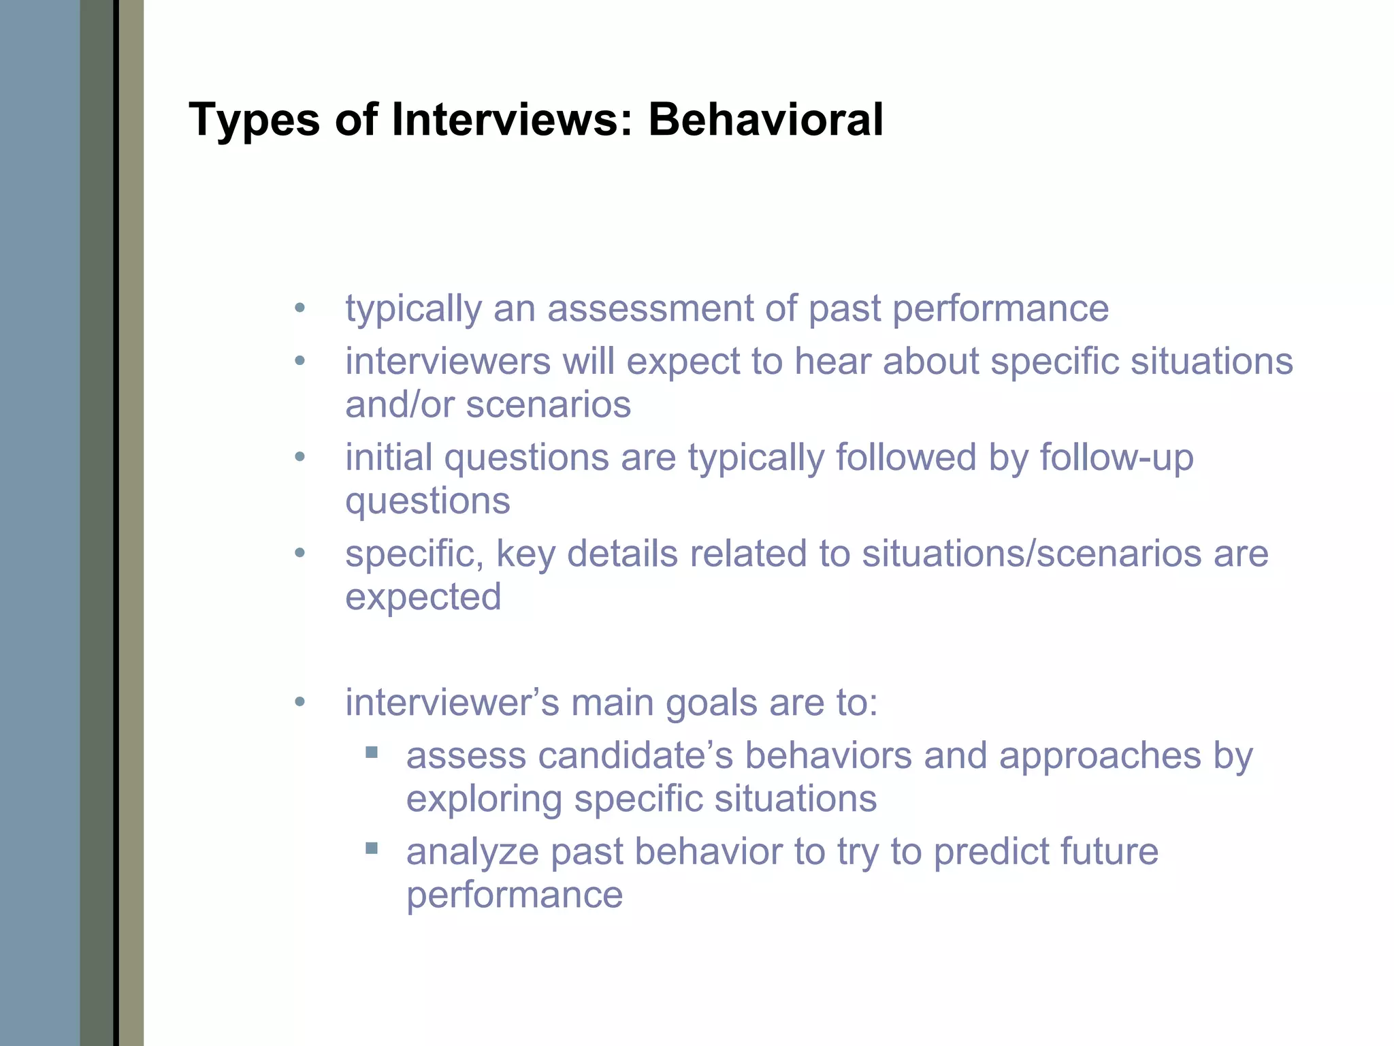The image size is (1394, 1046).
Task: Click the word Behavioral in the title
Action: pyautogui.click(x=765, y=120)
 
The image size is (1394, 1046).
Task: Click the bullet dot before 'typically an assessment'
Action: pyautogui.click(x=300, y=308)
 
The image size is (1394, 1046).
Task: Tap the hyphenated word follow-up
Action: pyautogui.click(x=1116, y=457)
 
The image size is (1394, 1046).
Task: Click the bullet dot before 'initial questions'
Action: pyautogui.click(x=300, y=457)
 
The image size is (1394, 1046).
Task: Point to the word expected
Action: pyautogui.click(x=423, y=597)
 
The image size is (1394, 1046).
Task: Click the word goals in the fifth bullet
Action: pyautogui.click(x=711, y=703)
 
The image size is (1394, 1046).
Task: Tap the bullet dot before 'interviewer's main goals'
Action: pyautogui.click(x=300, y=702)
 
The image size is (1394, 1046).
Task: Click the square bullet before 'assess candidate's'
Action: pyautogui.click(x=372, y=752)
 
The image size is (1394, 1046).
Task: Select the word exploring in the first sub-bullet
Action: pyautogui.click(x=484, y=799)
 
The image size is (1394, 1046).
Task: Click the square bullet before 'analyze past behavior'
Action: pyautogui.click(x=372, y=849)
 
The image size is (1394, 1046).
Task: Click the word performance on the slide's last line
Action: pyautogui.click(x=515, y=895)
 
